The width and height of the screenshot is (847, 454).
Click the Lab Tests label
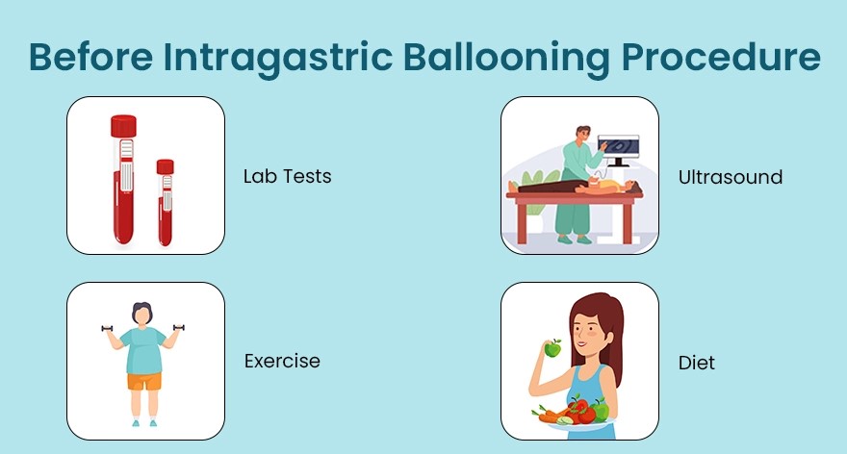coord(287,177)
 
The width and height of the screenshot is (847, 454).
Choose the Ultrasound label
coord(730,177)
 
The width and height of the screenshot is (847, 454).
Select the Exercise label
coord(281,362)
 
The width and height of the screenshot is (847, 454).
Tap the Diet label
coord(696,364)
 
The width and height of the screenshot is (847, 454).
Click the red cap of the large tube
coord(123,126)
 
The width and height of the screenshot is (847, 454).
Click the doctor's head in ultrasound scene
coord(582,132)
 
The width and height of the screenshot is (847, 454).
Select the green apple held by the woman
coord(552,349)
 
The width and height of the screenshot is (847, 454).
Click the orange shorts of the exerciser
coord(144,381)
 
